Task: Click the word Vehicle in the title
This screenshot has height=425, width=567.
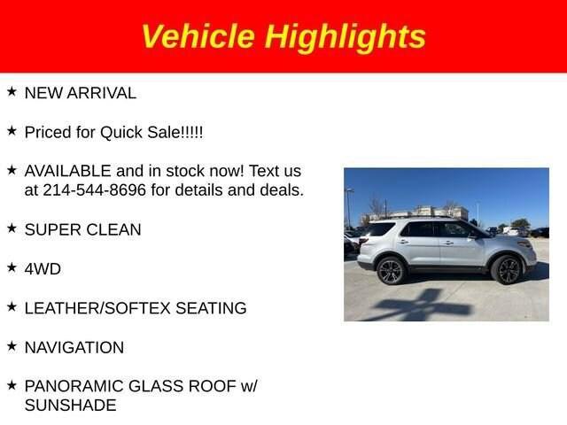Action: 198,35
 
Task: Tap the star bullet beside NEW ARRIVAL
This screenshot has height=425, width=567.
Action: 12,92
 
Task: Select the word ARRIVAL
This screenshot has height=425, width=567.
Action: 102,93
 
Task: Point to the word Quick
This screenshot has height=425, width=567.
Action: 121,132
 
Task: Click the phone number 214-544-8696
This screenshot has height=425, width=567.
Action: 95,190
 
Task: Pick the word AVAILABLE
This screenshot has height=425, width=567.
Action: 67,171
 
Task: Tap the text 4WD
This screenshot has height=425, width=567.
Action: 43,269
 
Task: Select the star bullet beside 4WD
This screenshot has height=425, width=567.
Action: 12,267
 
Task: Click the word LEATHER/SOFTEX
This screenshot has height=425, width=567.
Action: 97,308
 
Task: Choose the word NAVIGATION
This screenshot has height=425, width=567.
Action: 74,348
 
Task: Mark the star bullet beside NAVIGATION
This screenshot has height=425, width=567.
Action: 12,346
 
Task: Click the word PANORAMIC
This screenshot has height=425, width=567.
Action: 74,386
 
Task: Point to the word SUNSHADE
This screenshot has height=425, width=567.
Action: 71,406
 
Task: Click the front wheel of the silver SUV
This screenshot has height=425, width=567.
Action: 508,270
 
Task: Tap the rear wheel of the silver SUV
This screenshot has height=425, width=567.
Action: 391,271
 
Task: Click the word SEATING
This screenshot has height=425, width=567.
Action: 211,308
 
